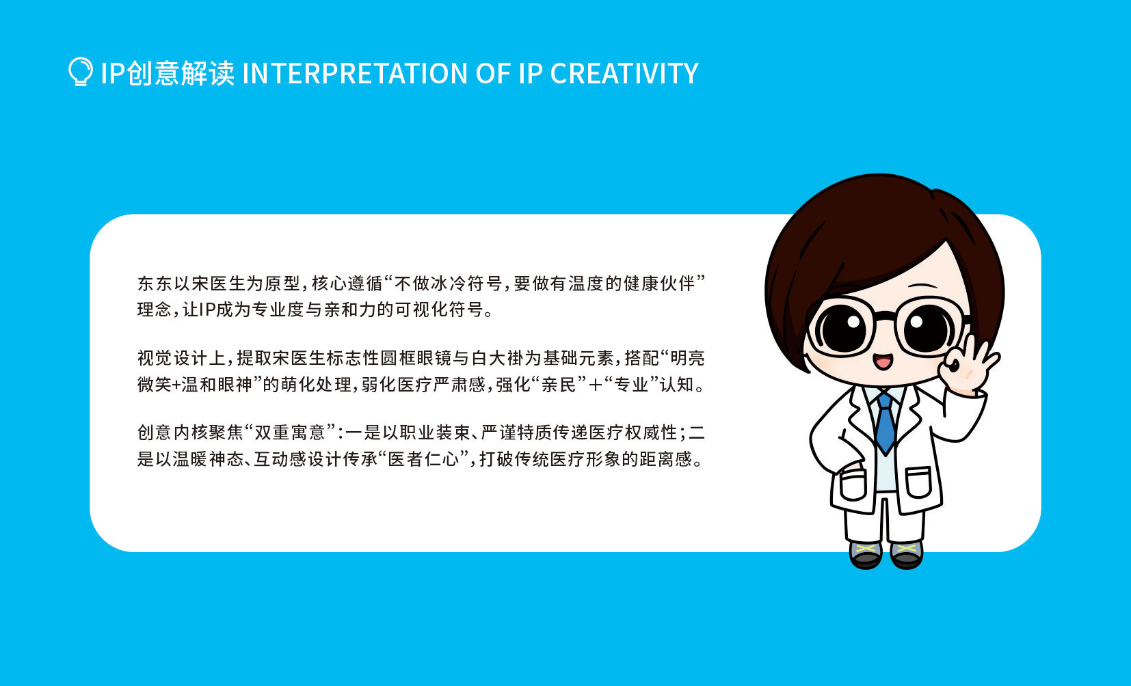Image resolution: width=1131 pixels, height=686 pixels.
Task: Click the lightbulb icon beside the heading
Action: [80, 72]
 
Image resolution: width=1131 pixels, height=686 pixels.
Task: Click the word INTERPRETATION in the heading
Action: [355, 73]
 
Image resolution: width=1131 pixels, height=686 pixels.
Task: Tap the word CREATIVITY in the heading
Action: [624, 73]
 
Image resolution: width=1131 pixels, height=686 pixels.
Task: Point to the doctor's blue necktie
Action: [885, 423]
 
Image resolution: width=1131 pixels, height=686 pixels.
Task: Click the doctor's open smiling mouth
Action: [883, 361]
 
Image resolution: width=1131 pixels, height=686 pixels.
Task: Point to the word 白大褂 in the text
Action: [497, 358]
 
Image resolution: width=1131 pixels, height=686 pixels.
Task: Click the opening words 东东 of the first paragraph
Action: [155, 284]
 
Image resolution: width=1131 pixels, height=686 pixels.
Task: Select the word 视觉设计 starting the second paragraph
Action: [173, 358]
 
